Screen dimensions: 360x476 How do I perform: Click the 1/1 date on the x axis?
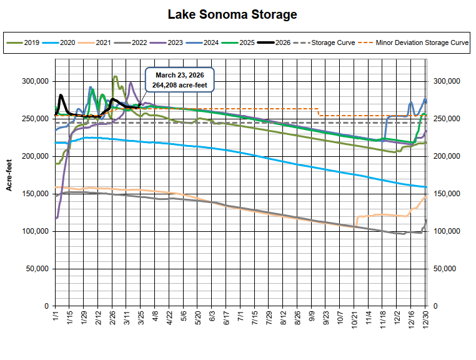tap(56, 316)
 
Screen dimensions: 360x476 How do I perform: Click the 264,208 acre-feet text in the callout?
tap(179, 84)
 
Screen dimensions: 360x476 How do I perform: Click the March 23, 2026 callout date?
tap(179, 75)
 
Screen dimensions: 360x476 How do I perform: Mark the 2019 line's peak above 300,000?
tap(115, 77)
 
